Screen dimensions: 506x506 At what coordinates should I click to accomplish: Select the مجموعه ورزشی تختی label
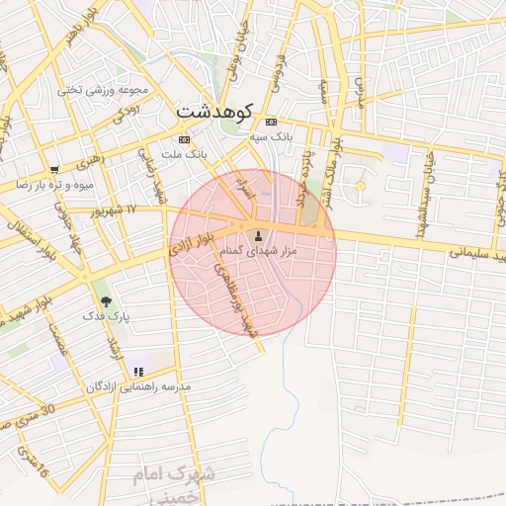97,88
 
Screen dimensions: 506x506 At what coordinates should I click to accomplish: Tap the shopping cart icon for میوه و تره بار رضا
55,169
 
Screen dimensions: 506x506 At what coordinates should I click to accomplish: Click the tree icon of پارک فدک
106,301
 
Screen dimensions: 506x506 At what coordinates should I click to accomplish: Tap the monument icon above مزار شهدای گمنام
259,235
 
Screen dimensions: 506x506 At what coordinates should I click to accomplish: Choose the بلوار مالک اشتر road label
336,173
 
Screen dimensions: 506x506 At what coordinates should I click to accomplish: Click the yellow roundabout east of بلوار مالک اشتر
361,186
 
